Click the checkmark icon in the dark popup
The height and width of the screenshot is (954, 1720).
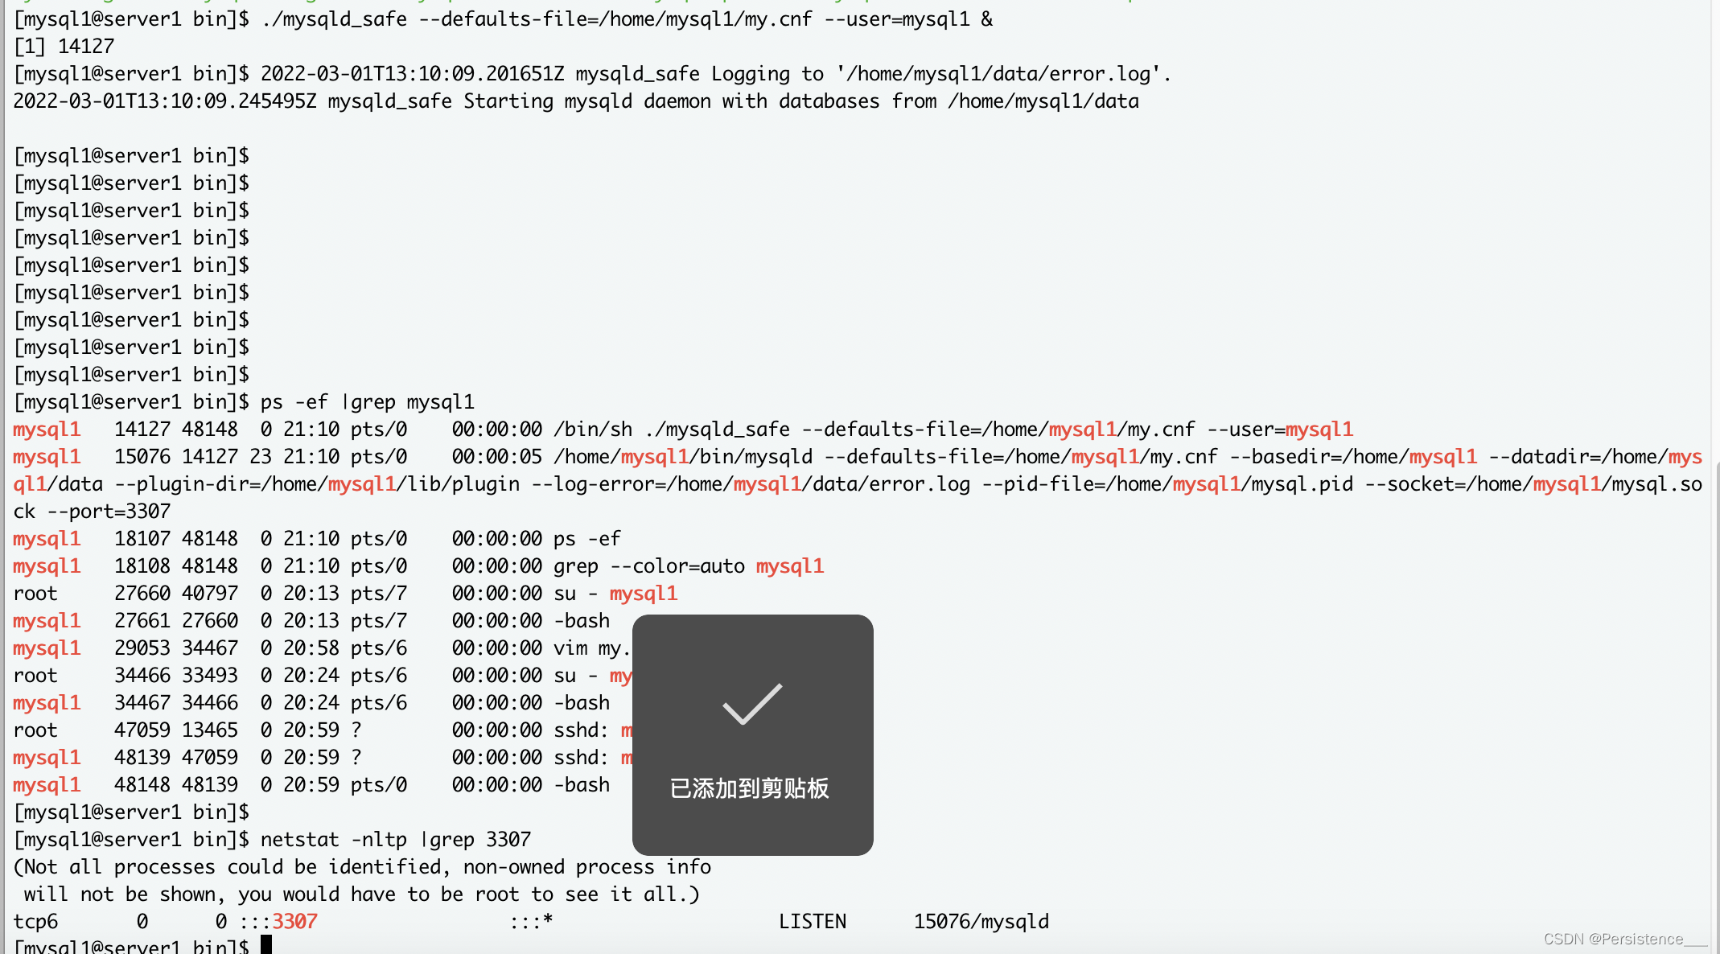pos(752,703)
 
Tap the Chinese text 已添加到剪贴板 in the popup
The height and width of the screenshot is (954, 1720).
pos(749,788)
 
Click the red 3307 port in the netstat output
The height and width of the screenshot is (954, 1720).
pos(294,922)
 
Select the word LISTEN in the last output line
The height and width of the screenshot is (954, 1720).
pos(812,922)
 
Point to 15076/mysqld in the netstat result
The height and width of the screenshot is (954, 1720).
pos(981,922)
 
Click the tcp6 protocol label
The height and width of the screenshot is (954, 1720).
pos(35,922)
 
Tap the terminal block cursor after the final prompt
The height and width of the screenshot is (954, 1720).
pos(266,945)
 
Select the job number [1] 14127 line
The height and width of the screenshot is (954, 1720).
pos(64,47)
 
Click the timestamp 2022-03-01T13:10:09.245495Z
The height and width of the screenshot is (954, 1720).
pos(165,101)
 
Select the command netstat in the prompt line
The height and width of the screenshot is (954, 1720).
pos(299,840)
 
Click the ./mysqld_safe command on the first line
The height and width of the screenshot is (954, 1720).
pos(334,19)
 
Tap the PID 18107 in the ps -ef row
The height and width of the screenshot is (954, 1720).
pos(142,539)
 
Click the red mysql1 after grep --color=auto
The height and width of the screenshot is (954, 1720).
pos(790,566)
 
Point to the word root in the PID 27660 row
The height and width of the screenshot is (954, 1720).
pos(35,594)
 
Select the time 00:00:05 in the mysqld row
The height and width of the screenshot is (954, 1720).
pos(496,457)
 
